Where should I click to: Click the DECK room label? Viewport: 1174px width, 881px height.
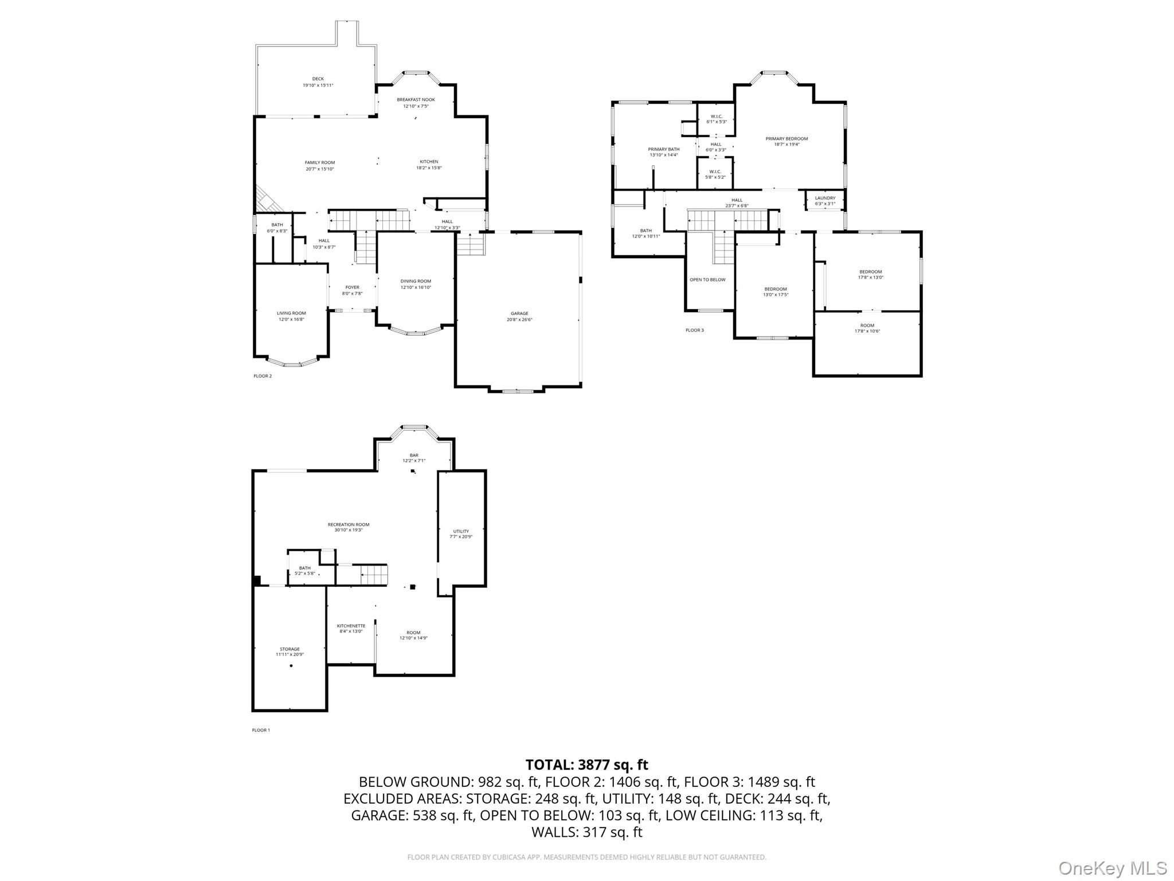coord(318,79)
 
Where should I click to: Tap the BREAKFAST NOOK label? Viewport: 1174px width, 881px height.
coord(416,100)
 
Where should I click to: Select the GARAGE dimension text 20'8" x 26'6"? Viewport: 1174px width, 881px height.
coord(519,320)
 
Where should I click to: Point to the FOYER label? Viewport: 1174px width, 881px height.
coord(352,287)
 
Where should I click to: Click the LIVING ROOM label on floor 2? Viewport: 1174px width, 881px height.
coord(291,313)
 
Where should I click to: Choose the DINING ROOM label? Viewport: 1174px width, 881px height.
coord(416,281)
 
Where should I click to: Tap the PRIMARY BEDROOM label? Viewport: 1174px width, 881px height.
coord(786,139)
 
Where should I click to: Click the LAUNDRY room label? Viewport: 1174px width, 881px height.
coord(825,198)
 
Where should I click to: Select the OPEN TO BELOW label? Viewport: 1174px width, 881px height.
coord(707,280)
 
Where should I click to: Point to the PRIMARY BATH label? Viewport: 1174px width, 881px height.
coord(664,149)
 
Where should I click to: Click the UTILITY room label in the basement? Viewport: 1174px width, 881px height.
coord(461,531)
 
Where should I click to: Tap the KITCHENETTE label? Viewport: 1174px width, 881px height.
coord(351,626)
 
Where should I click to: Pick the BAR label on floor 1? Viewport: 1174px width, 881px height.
coord(414,455)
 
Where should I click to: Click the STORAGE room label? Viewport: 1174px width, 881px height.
coord(289,649)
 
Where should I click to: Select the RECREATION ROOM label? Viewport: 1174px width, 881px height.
coord(349,524)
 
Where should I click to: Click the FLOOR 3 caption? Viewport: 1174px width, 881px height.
coord(694,330)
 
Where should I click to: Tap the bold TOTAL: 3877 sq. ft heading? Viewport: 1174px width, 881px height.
coord(586,765)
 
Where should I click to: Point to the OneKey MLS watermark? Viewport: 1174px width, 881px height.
coord(1112,868)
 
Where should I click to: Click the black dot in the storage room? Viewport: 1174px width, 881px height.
coord(291,666)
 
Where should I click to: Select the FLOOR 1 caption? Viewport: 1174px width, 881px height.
coord(260,730)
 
